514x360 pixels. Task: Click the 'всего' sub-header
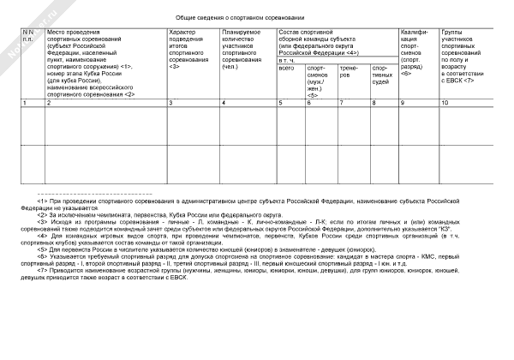pos(286,68)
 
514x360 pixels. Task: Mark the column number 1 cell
pos(24,103)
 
